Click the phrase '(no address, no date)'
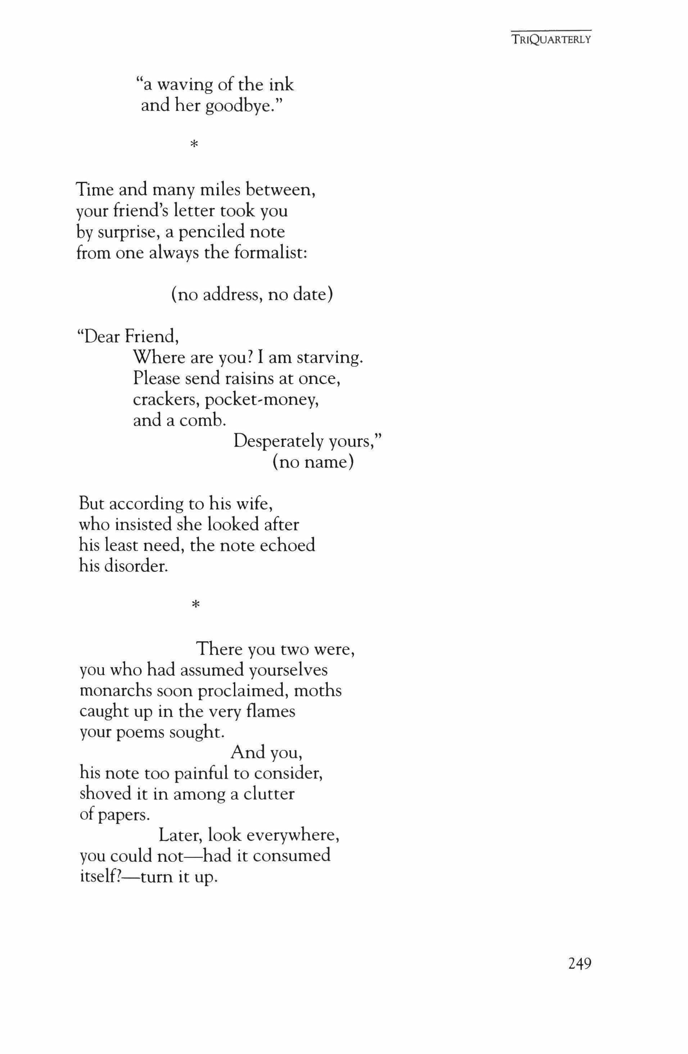click(252, 294)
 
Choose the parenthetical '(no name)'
click(313, 462)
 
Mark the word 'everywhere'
click(292, 835)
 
